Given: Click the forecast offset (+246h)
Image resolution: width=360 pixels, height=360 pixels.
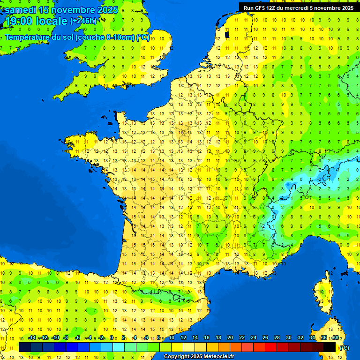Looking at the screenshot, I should point(83,21).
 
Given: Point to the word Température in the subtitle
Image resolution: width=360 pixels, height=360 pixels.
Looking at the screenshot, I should point(27,37).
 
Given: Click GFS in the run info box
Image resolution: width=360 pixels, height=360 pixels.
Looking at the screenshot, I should point(261,8).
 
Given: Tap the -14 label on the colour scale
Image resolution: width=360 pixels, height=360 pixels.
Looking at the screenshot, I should point(32,338).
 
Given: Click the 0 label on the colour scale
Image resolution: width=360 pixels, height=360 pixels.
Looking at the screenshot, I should point(112,338).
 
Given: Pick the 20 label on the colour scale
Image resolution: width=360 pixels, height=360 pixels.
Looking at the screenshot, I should point(230,338).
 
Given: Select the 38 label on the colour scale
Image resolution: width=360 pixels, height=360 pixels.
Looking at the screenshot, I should point(335,338).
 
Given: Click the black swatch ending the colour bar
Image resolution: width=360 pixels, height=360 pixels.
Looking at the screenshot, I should point(330,347).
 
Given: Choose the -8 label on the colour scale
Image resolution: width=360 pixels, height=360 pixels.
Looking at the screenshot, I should point(67,338).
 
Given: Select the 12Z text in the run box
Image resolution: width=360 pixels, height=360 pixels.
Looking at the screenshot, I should point(272,8).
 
